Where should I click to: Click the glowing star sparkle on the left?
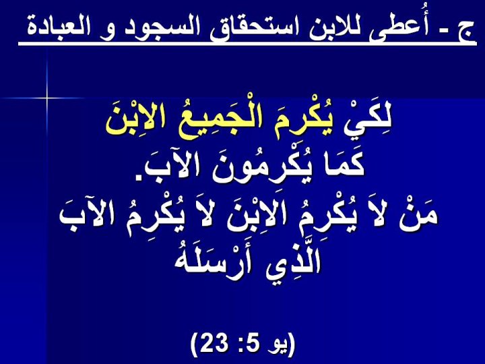[46, 98]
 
